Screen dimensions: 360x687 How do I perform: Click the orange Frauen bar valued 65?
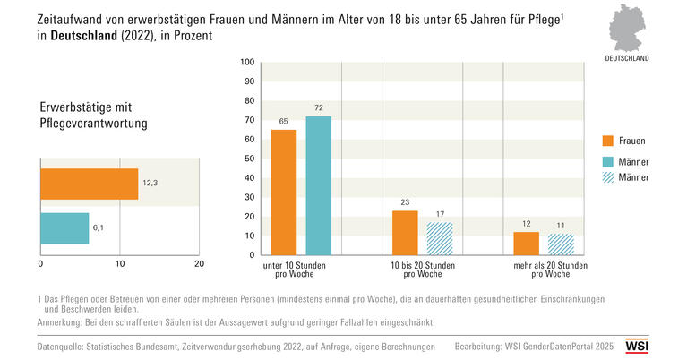tap(283, 193)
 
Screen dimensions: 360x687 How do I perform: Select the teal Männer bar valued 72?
tap(318, 187)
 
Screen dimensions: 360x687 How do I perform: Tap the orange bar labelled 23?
tap(405, 234)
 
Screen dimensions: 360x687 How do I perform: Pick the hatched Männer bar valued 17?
tap(440, 239)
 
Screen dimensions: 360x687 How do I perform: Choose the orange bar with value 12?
tap(526, 244)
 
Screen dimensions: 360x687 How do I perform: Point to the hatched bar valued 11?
tap(561, 245)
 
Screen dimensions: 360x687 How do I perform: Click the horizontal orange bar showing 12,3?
tap(89, 184)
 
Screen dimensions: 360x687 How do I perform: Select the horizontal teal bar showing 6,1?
tap(64, 228)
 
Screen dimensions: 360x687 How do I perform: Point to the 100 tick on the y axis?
tap(249, 63)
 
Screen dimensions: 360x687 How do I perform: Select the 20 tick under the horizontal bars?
tap(199, 264)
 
